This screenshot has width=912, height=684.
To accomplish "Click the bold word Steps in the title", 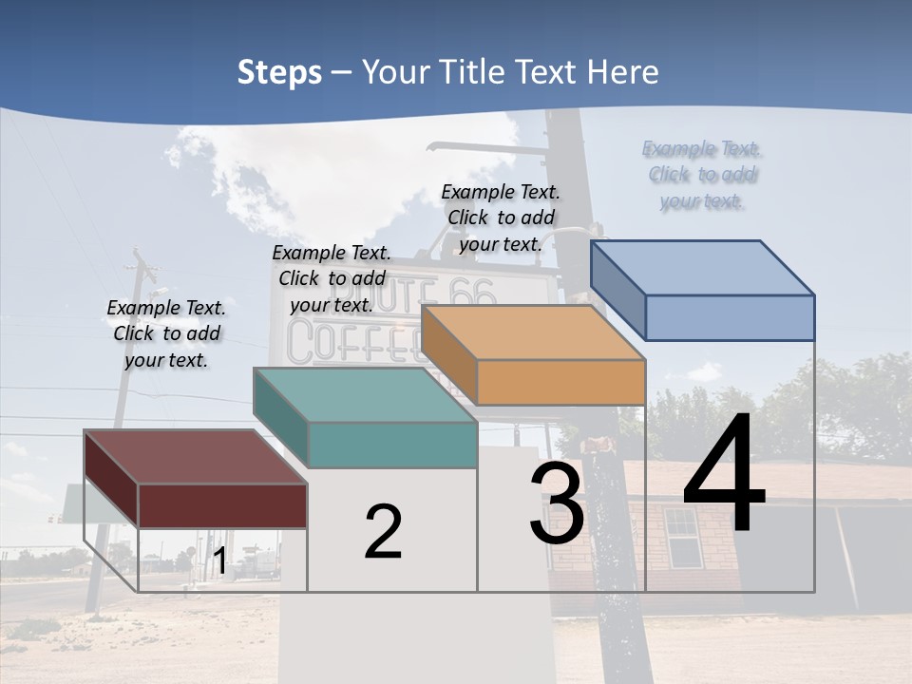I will [279, 72].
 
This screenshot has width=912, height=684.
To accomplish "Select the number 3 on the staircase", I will [557, 504].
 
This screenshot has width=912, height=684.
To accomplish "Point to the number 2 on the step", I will [383, 532].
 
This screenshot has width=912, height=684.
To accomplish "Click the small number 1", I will [219, 561].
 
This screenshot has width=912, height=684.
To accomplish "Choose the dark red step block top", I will [195, 457].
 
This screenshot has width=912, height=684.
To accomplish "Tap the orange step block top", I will [532, 332].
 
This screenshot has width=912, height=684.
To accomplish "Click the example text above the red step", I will [166, 333].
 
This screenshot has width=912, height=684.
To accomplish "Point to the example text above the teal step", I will [332, 278].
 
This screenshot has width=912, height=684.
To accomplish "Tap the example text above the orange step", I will [501, 218].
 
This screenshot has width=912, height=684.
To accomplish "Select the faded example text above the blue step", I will [702, 174].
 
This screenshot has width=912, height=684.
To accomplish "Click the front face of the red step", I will [222, 505].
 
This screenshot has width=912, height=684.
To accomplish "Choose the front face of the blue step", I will [730, 317].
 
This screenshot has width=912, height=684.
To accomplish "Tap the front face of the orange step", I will [560, 382].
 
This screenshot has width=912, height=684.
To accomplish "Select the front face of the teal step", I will [391, 445].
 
